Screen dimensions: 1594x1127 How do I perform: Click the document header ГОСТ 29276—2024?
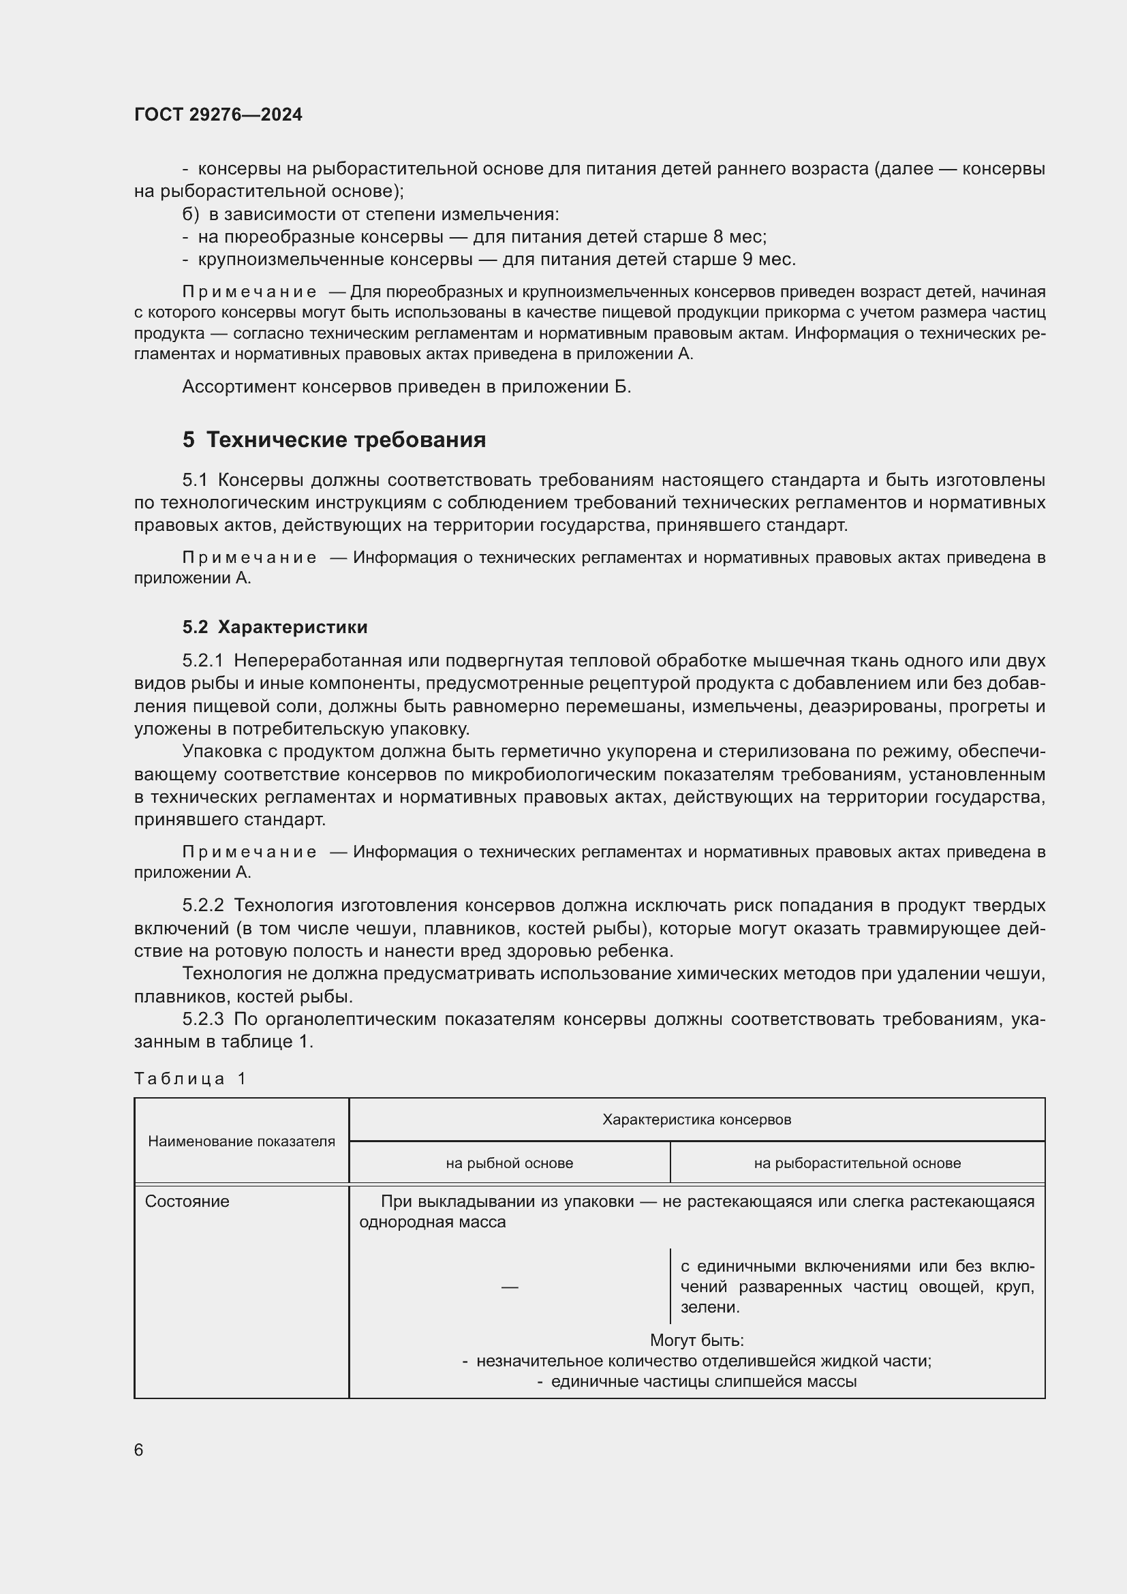click(218, 114)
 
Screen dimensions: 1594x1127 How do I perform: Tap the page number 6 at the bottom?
click(139, 1450)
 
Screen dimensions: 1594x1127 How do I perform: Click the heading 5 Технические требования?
click(334, 440)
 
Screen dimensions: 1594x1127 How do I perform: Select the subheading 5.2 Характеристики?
click(275, 627)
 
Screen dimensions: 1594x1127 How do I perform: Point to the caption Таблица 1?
click(190, 1078)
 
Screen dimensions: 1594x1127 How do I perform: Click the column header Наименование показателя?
click(241, 1141)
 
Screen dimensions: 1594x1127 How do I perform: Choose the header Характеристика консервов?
click(696, 1119)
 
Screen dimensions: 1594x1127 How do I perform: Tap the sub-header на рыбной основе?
click(510, 1163)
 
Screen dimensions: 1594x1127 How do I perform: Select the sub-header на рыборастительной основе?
click(857, 1163)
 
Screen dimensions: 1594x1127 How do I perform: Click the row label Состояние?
click(187, 1201)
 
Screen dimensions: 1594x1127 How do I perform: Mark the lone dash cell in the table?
click(510, 1287)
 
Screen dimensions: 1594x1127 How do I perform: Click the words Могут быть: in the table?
click(697, 1340)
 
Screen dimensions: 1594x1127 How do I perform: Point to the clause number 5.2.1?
click(202, 660)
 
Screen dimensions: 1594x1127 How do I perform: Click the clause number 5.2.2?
click(202, 905)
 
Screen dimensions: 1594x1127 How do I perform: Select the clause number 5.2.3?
click(202, 1019)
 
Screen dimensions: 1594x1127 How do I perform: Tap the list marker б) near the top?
click(190, 214)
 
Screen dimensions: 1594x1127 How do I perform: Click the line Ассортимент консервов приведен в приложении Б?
click(407, 386)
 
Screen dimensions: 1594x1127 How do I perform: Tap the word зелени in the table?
click(709, 1307)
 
